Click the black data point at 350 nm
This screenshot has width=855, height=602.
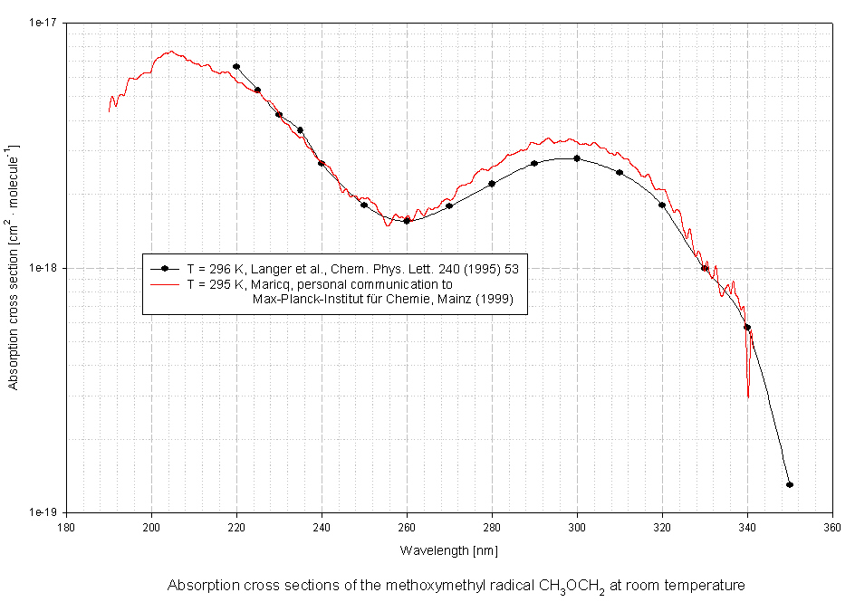[x=790, y=485]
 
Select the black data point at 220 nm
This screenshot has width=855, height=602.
[x=236, y=66]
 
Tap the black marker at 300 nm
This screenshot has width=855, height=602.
[x=577, y=158]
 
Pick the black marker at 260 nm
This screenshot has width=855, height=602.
[x=407, y=220]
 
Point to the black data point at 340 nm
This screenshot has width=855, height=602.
[x=747, y=328]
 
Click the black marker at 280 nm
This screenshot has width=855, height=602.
[x=492, y=184]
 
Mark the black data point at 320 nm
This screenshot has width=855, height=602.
[x=662, y=205]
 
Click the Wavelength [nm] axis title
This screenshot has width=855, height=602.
[x=449, y=550]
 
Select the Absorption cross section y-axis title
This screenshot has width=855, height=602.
[x=14, y=268]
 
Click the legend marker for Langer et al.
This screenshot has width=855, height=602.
[x=164, y=269]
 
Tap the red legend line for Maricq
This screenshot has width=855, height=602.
[x=164, y=284]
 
